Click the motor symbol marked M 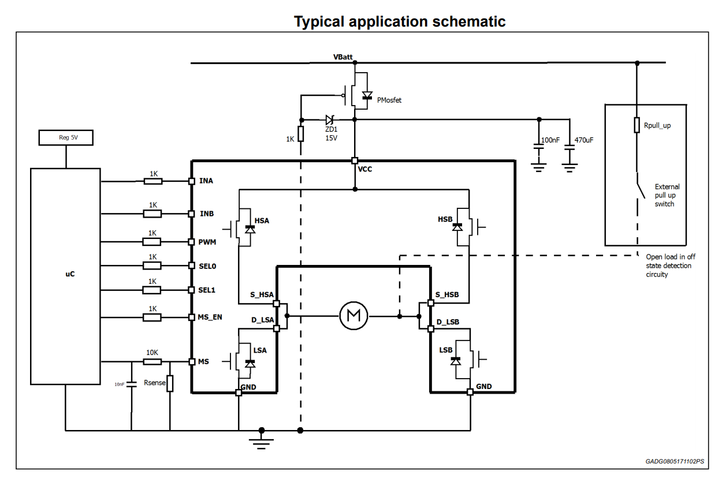(353, 316)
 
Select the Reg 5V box (66, 138)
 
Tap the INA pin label (206, 181)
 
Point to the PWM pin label (207, 242)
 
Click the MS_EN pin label (210, 317)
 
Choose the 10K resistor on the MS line (152, 362)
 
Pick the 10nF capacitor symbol (131, 384)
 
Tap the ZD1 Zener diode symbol (330, 120)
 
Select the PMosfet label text (389, 100)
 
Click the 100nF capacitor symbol (539, 149)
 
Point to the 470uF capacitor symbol (570, 149)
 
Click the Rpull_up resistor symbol (637, 125)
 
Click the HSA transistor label (262, 220)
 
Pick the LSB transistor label (445, 350)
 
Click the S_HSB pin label (447, 295)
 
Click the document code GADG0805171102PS (675, 462)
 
